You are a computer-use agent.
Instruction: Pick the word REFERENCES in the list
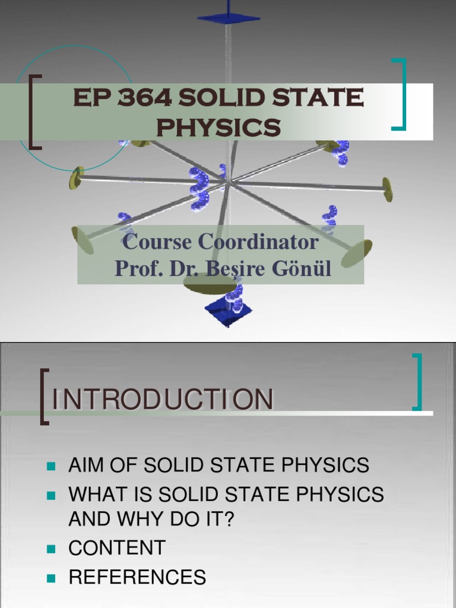coord(137,577)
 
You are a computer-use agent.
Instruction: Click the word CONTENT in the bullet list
coord(117,548)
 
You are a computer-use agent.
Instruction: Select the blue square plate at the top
coord(229,18)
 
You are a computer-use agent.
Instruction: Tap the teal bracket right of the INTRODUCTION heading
coord(418,382)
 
